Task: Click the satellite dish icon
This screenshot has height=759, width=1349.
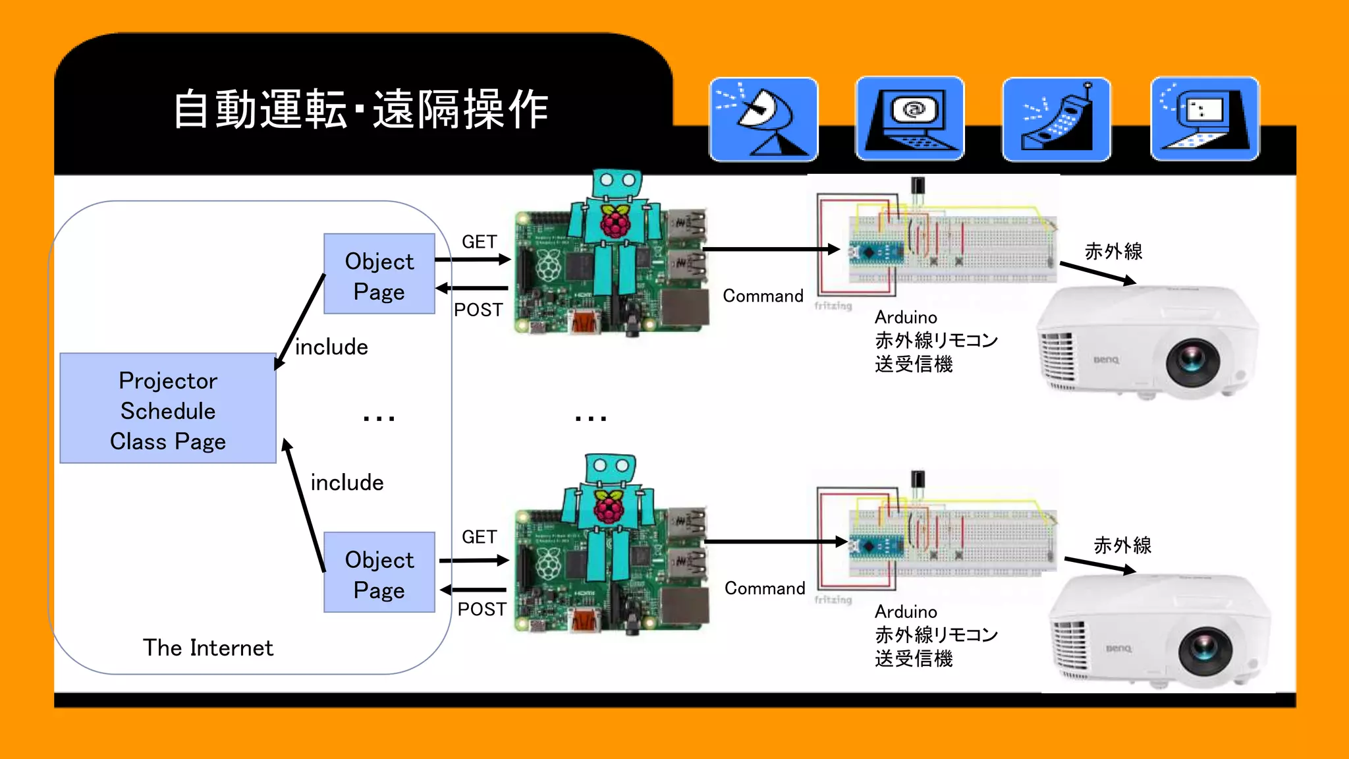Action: [x=763, y=119]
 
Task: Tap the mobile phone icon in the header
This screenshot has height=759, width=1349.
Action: [x=1056, y=119]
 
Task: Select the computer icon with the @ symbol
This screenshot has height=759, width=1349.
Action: [x=910, y=119]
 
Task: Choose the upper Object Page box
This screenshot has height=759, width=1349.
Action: [x=379, y=274]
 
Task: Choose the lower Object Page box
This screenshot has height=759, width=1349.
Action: [x=379, y=573]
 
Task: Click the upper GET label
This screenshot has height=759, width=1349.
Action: [x=479, y=242]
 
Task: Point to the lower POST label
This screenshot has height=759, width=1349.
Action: [x=482, y=609]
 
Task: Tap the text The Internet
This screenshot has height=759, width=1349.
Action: [x=207, y=648]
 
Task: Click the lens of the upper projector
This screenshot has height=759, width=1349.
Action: [x=1192, y=361]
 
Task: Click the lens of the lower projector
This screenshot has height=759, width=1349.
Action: [x=1205, y=649]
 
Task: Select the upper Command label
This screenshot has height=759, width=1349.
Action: [x=763, y=296]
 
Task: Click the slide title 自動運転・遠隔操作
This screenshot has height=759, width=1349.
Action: [x=360, y=109]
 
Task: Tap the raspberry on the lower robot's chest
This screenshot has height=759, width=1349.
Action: [x=610, y=506]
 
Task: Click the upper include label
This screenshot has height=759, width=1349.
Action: [x=331, y=347]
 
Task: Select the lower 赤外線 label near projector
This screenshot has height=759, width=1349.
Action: [x=1122, y=546]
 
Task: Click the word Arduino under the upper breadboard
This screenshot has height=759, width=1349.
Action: [x=906, y=317]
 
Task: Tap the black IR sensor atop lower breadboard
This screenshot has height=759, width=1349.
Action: [x=918, y=480]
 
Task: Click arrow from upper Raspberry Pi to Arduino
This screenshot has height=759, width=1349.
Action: [x=771, y=250]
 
